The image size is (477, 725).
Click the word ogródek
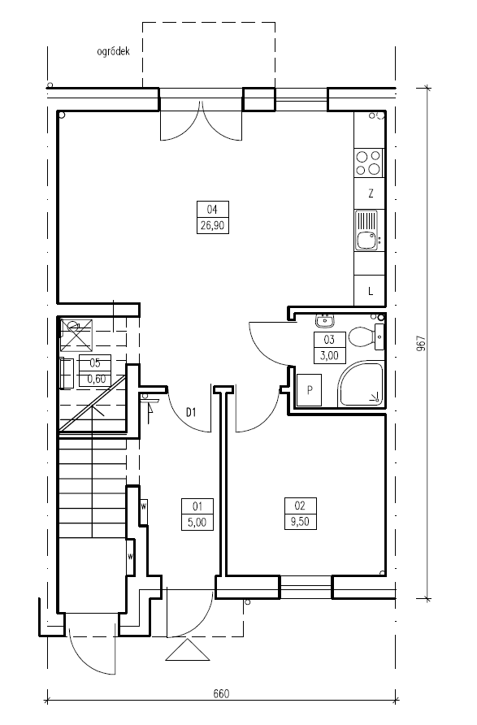pos(113,51)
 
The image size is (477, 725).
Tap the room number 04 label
pos(212,210)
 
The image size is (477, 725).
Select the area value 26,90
pos(213,226)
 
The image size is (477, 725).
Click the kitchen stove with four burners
pos(369,163)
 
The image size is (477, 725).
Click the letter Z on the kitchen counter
pos(371,193)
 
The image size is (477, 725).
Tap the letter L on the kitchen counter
pos(371,291)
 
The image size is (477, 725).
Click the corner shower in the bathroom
pos(361,384)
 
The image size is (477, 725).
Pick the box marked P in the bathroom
pos(310,390)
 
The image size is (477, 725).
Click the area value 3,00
pos(329,355)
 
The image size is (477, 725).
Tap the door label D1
pos(191,411)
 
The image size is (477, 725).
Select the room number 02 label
pos(300,505)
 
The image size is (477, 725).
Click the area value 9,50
pos(300,522)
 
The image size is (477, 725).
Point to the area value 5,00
pos(197,522)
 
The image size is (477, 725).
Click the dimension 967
pos(421,344)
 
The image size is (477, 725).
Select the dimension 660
pos(221,693)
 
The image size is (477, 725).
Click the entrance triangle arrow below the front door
pos(188,650)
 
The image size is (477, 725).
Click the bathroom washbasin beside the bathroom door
pos(325,319)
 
